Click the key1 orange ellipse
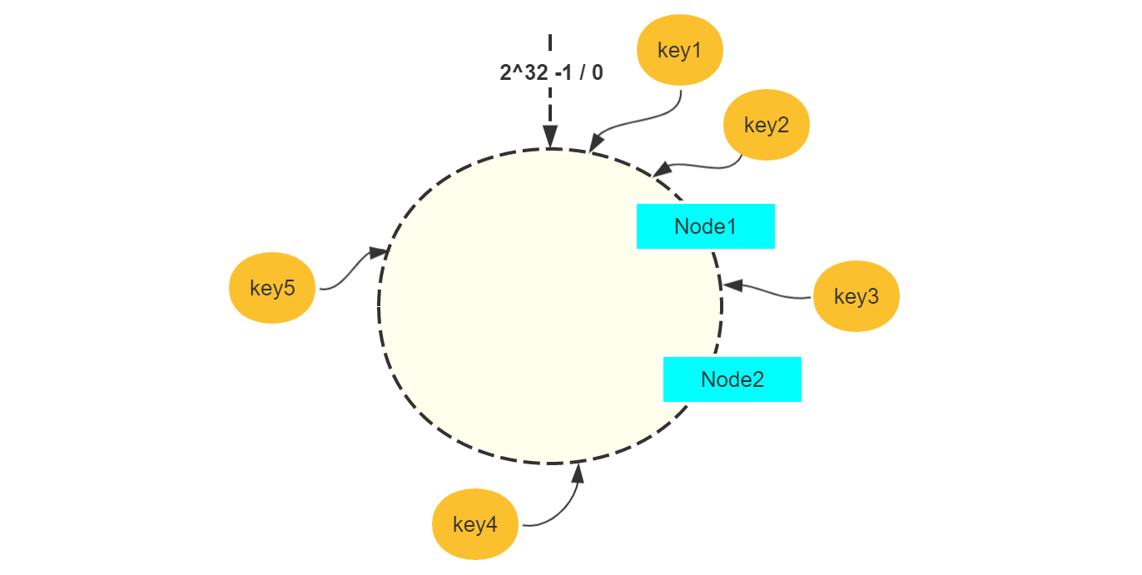679,51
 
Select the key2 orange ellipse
766,125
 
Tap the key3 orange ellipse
856,296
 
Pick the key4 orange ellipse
474,524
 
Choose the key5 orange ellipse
272,288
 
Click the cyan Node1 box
705,226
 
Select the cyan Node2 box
732,379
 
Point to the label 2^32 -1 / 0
551,72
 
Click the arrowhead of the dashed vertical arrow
550,137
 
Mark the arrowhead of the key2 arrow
661,169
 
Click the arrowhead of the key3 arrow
732,285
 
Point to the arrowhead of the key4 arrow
578,473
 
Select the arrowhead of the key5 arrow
379,251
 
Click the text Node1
705,226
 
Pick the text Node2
732,379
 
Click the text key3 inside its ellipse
856,296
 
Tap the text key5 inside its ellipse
272,288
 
